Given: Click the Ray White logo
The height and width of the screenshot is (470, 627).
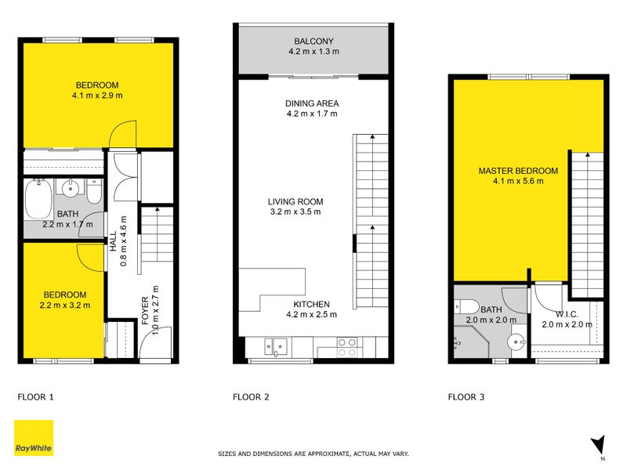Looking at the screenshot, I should pyautogui.click(x=34, y=438).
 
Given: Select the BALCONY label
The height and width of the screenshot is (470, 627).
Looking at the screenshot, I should pyautogui.click(x=313, y=42).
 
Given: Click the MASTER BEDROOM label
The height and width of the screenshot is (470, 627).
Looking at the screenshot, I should pyautogui.click(x=518, y=171).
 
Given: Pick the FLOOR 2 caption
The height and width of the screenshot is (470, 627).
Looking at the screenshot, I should pyautogui.click(x=251, y=397).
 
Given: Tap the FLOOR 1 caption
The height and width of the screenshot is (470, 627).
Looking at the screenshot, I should pyautogui.click(x=36, y=397).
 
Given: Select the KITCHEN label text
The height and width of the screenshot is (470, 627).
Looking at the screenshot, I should pyautogui.click(x=312, y=305).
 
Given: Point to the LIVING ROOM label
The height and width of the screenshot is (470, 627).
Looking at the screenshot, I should pyautogui.click(x=295, y=201).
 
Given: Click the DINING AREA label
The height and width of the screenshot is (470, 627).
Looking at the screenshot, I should pyautogui.click(x=312, y=103).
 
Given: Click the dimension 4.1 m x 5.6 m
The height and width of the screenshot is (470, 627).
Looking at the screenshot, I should pyautogui.click(x=518, y=181).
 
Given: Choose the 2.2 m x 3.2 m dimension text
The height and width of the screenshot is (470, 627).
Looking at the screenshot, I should pyautogui.click(x=67, y=305).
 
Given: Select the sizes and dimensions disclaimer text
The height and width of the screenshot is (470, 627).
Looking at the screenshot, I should pyautogui.click(x=313, y=454).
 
